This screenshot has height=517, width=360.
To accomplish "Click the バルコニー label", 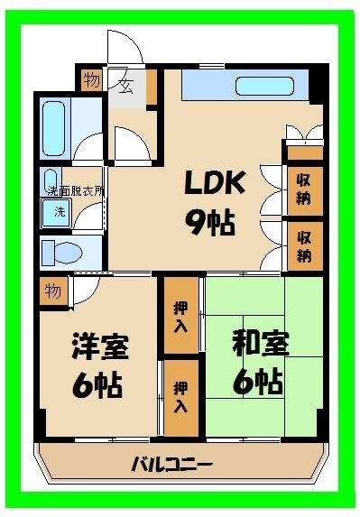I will (171, 466).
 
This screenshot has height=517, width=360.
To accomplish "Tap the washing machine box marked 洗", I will (58, 212).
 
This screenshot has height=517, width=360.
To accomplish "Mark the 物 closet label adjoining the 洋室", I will (53, 291).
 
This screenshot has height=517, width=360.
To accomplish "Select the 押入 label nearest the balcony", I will (180, 397).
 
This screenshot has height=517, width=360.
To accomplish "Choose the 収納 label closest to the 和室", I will (304, 245).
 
